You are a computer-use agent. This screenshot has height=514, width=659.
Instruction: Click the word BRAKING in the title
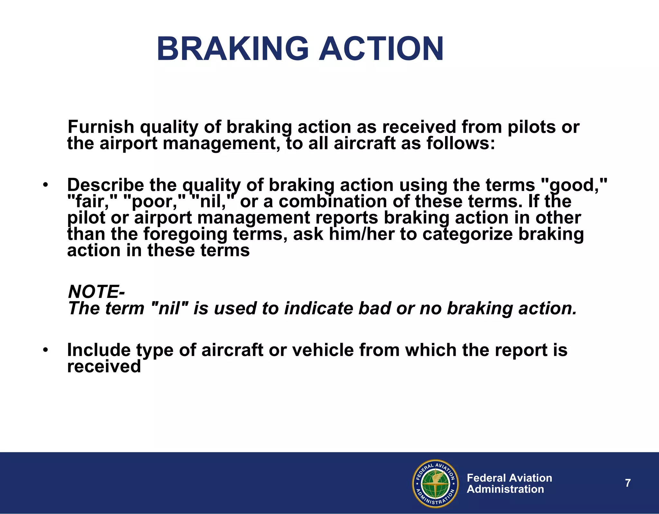click(232, 49)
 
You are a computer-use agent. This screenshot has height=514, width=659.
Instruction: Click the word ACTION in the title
click(381, 49)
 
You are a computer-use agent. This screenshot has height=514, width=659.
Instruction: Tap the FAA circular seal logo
click(435, 483)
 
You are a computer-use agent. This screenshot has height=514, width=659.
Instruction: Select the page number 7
click(628, 483)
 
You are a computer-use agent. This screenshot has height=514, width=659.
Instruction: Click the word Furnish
click(101, 127)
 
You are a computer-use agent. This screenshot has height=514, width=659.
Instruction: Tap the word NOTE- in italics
click(96, 292)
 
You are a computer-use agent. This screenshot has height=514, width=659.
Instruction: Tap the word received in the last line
click(104, 366)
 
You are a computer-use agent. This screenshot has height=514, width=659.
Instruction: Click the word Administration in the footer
click(505, 489)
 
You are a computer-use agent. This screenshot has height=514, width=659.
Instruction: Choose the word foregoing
click(185, 234)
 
